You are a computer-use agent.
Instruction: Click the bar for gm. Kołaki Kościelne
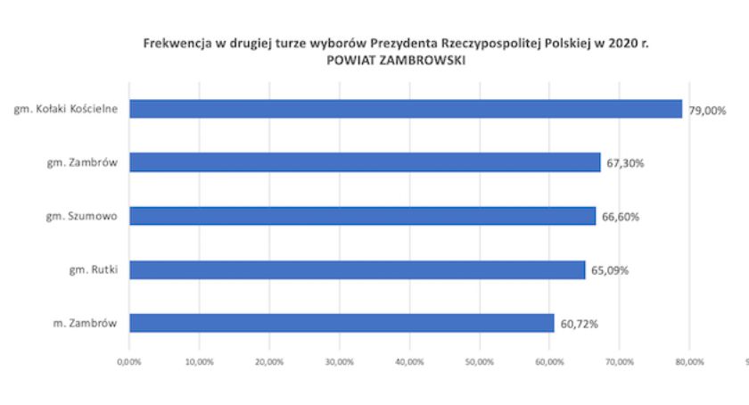[406, 109]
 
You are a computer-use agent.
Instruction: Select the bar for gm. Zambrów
[365, 162]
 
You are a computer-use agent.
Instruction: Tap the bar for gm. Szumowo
[362, 216]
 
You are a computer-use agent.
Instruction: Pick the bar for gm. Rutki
[357, 269]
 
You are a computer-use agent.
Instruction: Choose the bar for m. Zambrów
[342, 323]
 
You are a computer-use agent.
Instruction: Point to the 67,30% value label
[625, 164]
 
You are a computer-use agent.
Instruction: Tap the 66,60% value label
[620, 217]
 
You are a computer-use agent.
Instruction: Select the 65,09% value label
[609, 270]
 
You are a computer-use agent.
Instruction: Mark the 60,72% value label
[579, 324]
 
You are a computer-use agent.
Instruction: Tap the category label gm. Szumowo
[82, 216]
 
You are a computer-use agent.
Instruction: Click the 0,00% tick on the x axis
[129, 362]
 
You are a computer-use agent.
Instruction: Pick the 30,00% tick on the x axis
[339, 362]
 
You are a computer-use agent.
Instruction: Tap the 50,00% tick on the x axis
[479, 362]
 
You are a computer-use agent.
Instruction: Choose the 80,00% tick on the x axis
[689, 362]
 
